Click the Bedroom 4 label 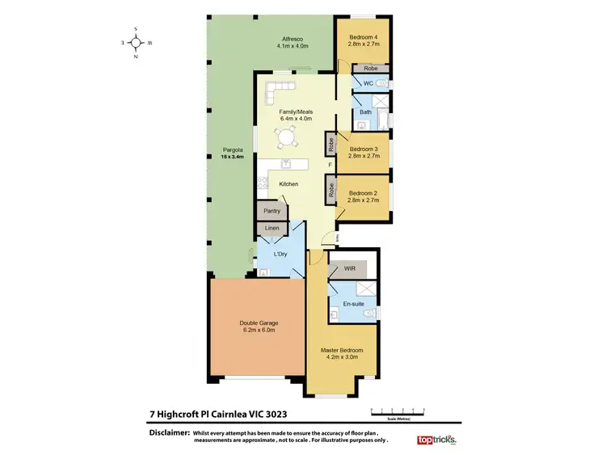(x=362, y=38)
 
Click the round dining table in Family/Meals (x=286, y=138)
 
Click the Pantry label (x=271, y=211)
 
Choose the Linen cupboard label (x=271, y=230)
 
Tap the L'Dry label (x=280, y=255)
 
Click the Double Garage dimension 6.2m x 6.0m (x=258, y=330)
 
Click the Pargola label (x=234, y=150)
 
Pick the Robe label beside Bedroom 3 (x=331, y=145)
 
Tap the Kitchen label (x=288, y=184)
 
